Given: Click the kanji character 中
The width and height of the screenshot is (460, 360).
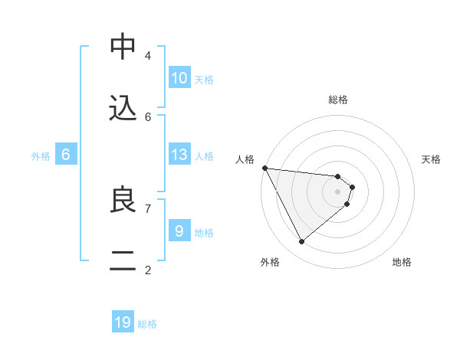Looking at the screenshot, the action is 123,47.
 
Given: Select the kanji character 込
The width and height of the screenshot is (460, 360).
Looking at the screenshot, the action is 123,109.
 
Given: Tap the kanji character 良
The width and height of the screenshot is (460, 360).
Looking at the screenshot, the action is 123,200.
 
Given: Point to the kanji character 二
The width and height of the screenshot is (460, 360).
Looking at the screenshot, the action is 123,261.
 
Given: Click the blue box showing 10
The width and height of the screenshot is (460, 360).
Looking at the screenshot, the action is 179,78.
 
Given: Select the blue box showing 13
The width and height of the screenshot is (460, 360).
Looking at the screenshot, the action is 179,155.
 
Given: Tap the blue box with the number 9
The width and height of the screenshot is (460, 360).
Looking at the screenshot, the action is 179,231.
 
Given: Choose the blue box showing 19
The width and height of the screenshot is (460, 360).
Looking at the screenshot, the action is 123,322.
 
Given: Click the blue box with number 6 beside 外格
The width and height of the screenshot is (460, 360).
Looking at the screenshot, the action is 65,155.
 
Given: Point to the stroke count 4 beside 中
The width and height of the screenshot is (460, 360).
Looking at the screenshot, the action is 148,55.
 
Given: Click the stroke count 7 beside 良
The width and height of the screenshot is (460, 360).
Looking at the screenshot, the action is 148,208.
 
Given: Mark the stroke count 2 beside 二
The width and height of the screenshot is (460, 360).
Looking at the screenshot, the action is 148,269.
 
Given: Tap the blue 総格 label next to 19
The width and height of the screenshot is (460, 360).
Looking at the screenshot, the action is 147,324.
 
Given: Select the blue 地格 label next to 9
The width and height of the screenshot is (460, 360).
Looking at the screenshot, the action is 204,232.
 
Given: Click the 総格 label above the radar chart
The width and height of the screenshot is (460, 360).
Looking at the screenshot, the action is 338,100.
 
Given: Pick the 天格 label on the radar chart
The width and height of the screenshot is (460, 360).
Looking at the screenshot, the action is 432,159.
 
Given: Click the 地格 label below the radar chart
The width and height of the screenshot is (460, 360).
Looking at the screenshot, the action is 402,262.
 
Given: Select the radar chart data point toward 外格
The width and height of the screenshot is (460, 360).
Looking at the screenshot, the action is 302,241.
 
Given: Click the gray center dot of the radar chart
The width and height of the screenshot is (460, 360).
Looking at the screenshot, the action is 337,191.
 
